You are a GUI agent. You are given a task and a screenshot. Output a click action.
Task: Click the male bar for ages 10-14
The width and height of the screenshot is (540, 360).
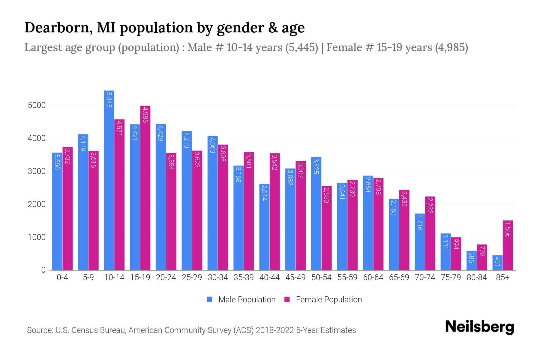click(109, 180)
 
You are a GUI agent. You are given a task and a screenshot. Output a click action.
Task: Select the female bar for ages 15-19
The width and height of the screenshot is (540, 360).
click(145, 188)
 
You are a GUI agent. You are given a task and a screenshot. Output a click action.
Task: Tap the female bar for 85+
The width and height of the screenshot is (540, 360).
click(508, 245)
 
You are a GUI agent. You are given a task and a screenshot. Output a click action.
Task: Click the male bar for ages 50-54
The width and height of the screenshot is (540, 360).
click(316, 213)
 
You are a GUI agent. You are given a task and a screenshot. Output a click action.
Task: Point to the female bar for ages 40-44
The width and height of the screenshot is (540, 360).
click(275, 211)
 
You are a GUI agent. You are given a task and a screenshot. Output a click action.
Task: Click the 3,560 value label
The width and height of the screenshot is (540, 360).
click(57, 161)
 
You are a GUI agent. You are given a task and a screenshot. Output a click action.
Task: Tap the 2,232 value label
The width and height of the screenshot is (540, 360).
click(430, 205)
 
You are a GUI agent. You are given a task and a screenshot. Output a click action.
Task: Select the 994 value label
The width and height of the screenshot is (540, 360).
click(456, 244)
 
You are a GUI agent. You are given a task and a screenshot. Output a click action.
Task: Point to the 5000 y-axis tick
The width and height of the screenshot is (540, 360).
click(37, 105)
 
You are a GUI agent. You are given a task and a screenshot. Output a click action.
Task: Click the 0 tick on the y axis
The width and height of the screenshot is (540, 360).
click(43, 270)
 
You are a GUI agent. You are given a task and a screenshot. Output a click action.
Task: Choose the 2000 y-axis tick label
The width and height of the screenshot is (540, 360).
click(37, 204)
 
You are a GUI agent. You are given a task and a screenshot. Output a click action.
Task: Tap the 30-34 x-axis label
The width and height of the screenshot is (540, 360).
click(218, 277)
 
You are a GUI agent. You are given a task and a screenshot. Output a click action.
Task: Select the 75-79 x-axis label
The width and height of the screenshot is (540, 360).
click(451, 277)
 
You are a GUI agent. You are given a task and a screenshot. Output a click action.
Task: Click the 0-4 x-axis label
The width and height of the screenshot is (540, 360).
click(62, 277)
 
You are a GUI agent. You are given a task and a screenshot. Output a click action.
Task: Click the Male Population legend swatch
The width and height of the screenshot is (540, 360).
click(209, 299)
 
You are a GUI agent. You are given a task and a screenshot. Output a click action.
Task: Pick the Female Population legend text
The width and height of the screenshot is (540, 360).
click(329, 299)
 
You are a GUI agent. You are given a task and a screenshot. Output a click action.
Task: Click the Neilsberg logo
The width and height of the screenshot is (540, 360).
click(479, 327)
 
